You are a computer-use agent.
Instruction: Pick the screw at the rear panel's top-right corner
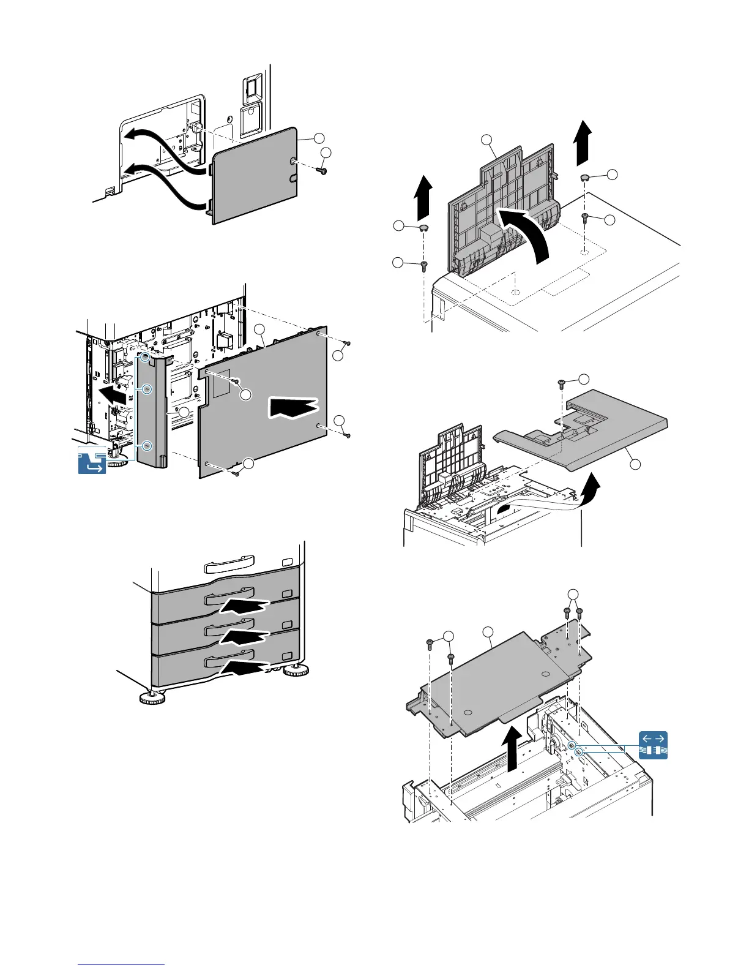348,344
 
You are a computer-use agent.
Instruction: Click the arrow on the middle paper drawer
244,637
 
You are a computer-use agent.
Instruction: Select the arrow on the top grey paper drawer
243,606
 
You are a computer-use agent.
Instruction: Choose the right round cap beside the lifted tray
585,178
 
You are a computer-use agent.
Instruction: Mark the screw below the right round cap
585,217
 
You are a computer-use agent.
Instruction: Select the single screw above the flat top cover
562,383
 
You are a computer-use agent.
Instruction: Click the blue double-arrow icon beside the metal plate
653,745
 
